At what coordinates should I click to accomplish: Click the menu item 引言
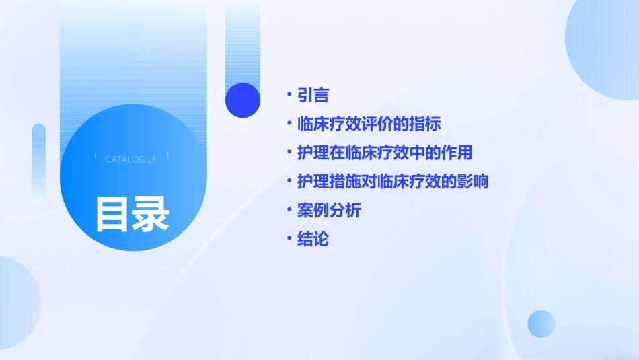point(313,96)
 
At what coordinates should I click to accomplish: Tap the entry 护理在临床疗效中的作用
point(385,153)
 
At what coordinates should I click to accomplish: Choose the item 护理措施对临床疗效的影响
point(393,182)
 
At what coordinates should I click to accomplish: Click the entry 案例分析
point(329,210)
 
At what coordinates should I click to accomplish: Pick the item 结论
point(313,239)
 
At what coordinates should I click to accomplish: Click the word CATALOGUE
point(131,159)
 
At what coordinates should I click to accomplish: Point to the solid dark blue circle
point(243,100)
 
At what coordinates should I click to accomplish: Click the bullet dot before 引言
point(289,96)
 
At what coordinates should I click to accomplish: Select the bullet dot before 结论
point(289,239)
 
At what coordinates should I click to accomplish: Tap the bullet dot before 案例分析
point(289,210)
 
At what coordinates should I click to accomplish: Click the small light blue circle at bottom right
point(541,324)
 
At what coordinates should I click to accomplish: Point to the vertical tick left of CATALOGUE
point(96,156)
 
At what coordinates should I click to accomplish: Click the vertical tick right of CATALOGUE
point(167,156)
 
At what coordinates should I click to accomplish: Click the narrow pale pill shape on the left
point(39,161)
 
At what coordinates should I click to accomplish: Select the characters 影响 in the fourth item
point(473,182)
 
